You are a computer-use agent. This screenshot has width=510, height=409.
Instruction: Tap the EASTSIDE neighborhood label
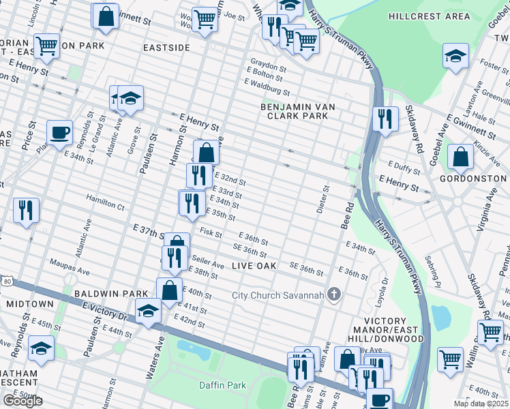point(167,48)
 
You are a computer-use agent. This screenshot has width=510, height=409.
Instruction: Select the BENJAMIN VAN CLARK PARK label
point(295,111)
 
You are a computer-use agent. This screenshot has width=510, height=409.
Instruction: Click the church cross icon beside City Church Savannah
point(333,294)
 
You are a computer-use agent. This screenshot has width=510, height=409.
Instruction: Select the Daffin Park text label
point(222,385)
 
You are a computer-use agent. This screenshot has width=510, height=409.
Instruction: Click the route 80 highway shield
point(7,280)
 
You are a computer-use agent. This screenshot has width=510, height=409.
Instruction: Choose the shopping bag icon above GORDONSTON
point(461,156)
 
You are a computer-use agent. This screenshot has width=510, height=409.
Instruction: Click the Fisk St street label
point(211,232)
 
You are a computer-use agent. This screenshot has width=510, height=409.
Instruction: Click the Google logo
point(22,401)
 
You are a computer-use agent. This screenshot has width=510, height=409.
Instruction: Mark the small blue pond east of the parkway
point(442,316)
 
